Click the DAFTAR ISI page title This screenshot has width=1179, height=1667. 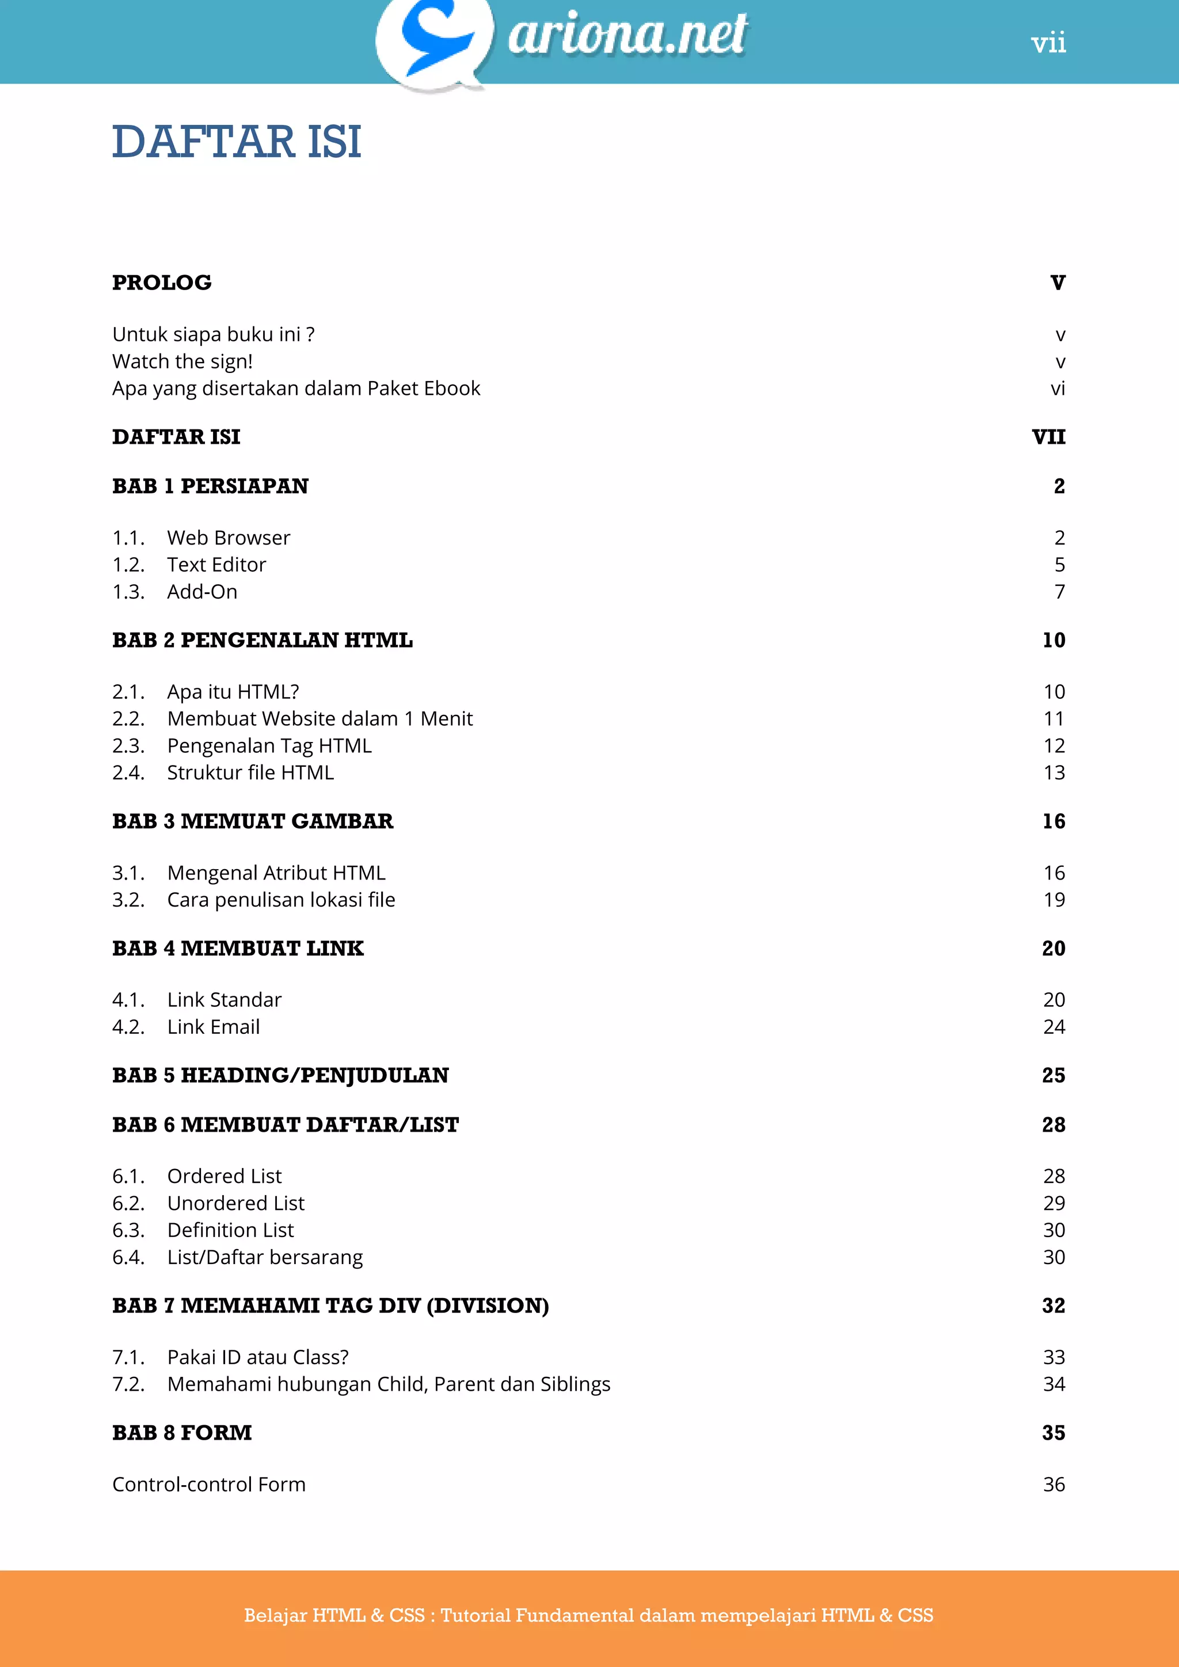click(x=237, y=142)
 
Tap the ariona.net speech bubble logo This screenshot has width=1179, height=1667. click(x=434, y=42)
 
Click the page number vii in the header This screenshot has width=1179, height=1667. click(x=1048, y=44)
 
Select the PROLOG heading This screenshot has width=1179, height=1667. click(x=162, y=283)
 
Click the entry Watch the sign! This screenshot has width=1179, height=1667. click(x=182, y=361)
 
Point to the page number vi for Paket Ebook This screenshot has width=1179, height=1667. click(x=1058, y=389)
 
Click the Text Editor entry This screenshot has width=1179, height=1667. click(x=216, y=565)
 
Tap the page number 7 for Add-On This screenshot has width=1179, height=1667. click(x=1060, y=592)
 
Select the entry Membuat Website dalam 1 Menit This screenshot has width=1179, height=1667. click(x=320, y=719)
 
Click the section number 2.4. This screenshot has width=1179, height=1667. click(x=128, y=772)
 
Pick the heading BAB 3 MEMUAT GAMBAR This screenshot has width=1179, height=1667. click(x=253, y=821)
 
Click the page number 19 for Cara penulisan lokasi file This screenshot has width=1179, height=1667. click(x=1054, y=900)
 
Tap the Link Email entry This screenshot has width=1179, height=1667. click(x=214, y=1027)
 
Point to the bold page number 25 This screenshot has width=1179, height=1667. click(x=1054, y=1075)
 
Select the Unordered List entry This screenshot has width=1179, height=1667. click(x=236, y=1203)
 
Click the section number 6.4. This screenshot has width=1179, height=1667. click(x=128, y=1257)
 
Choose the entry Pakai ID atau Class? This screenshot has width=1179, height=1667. click(x=258, y=1357)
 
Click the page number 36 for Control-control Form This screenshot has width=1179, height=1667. click(x=1054, y=1484)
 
